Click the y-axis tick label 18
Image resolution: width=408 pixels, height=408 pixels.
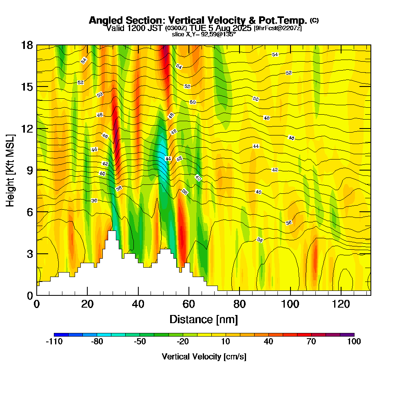pyautogui.click(x=27, y=45)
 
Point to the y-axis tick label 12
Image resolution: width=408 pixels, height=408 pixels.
pyautogui.click(x=27, y=128)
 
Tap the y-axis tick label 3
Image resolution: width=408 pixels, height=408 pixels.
pyautogui.click(x=29, y=253)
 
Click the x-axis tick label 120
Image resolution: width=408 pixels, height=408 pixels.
pyautogui.click(x=340, y=304)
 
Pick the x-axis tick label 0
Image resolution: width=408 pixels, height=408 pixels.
pyautogui.click(x=37, y=304)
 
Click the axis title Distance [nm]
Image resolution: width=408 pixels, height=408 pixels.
pyautogui.click(x=204, y=319)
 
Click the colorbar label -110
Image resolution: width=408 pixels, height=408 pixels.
pyautogui.click(x=54, y=342)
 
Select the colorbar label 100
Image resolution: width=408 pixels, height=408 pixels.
pyautogui.click(x=354, y=342)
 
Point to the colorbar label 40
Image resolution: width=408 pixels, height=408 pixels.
pyautogui.click(x=268, y=342)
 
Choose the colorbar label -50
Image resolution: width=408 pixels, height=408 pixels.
pyautogui.click(x=140, y=342)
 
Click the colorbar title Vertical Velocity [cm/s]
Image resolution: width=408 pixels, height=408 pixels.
pyautogui.click(x=204, y=357)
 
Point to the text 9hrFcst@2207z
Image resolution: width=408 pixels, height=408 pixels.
pyautogui.click(x=277, y=28)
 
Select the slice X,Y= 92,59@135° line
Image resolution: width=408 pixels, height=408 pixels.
pyautogui.click(x=204, y=34)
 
